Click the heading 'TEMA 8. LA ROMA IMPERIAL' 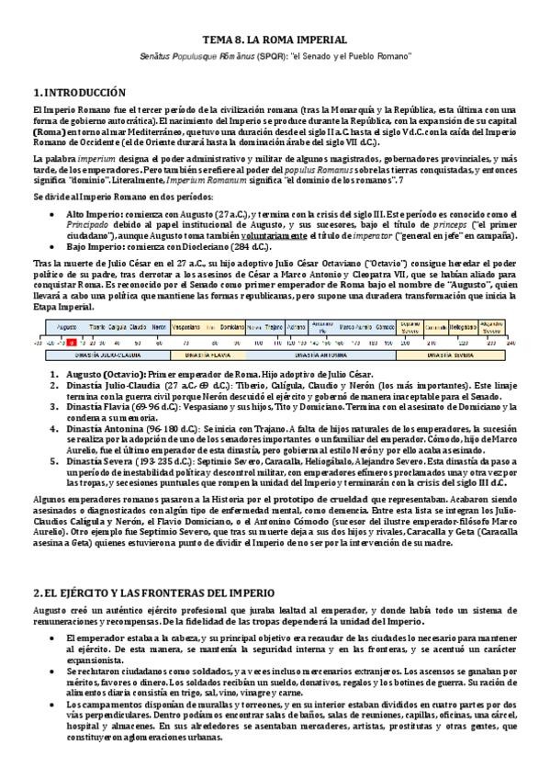click(x=275, y=40)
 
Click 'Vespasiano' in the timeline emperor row click(x=187, y=326)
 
